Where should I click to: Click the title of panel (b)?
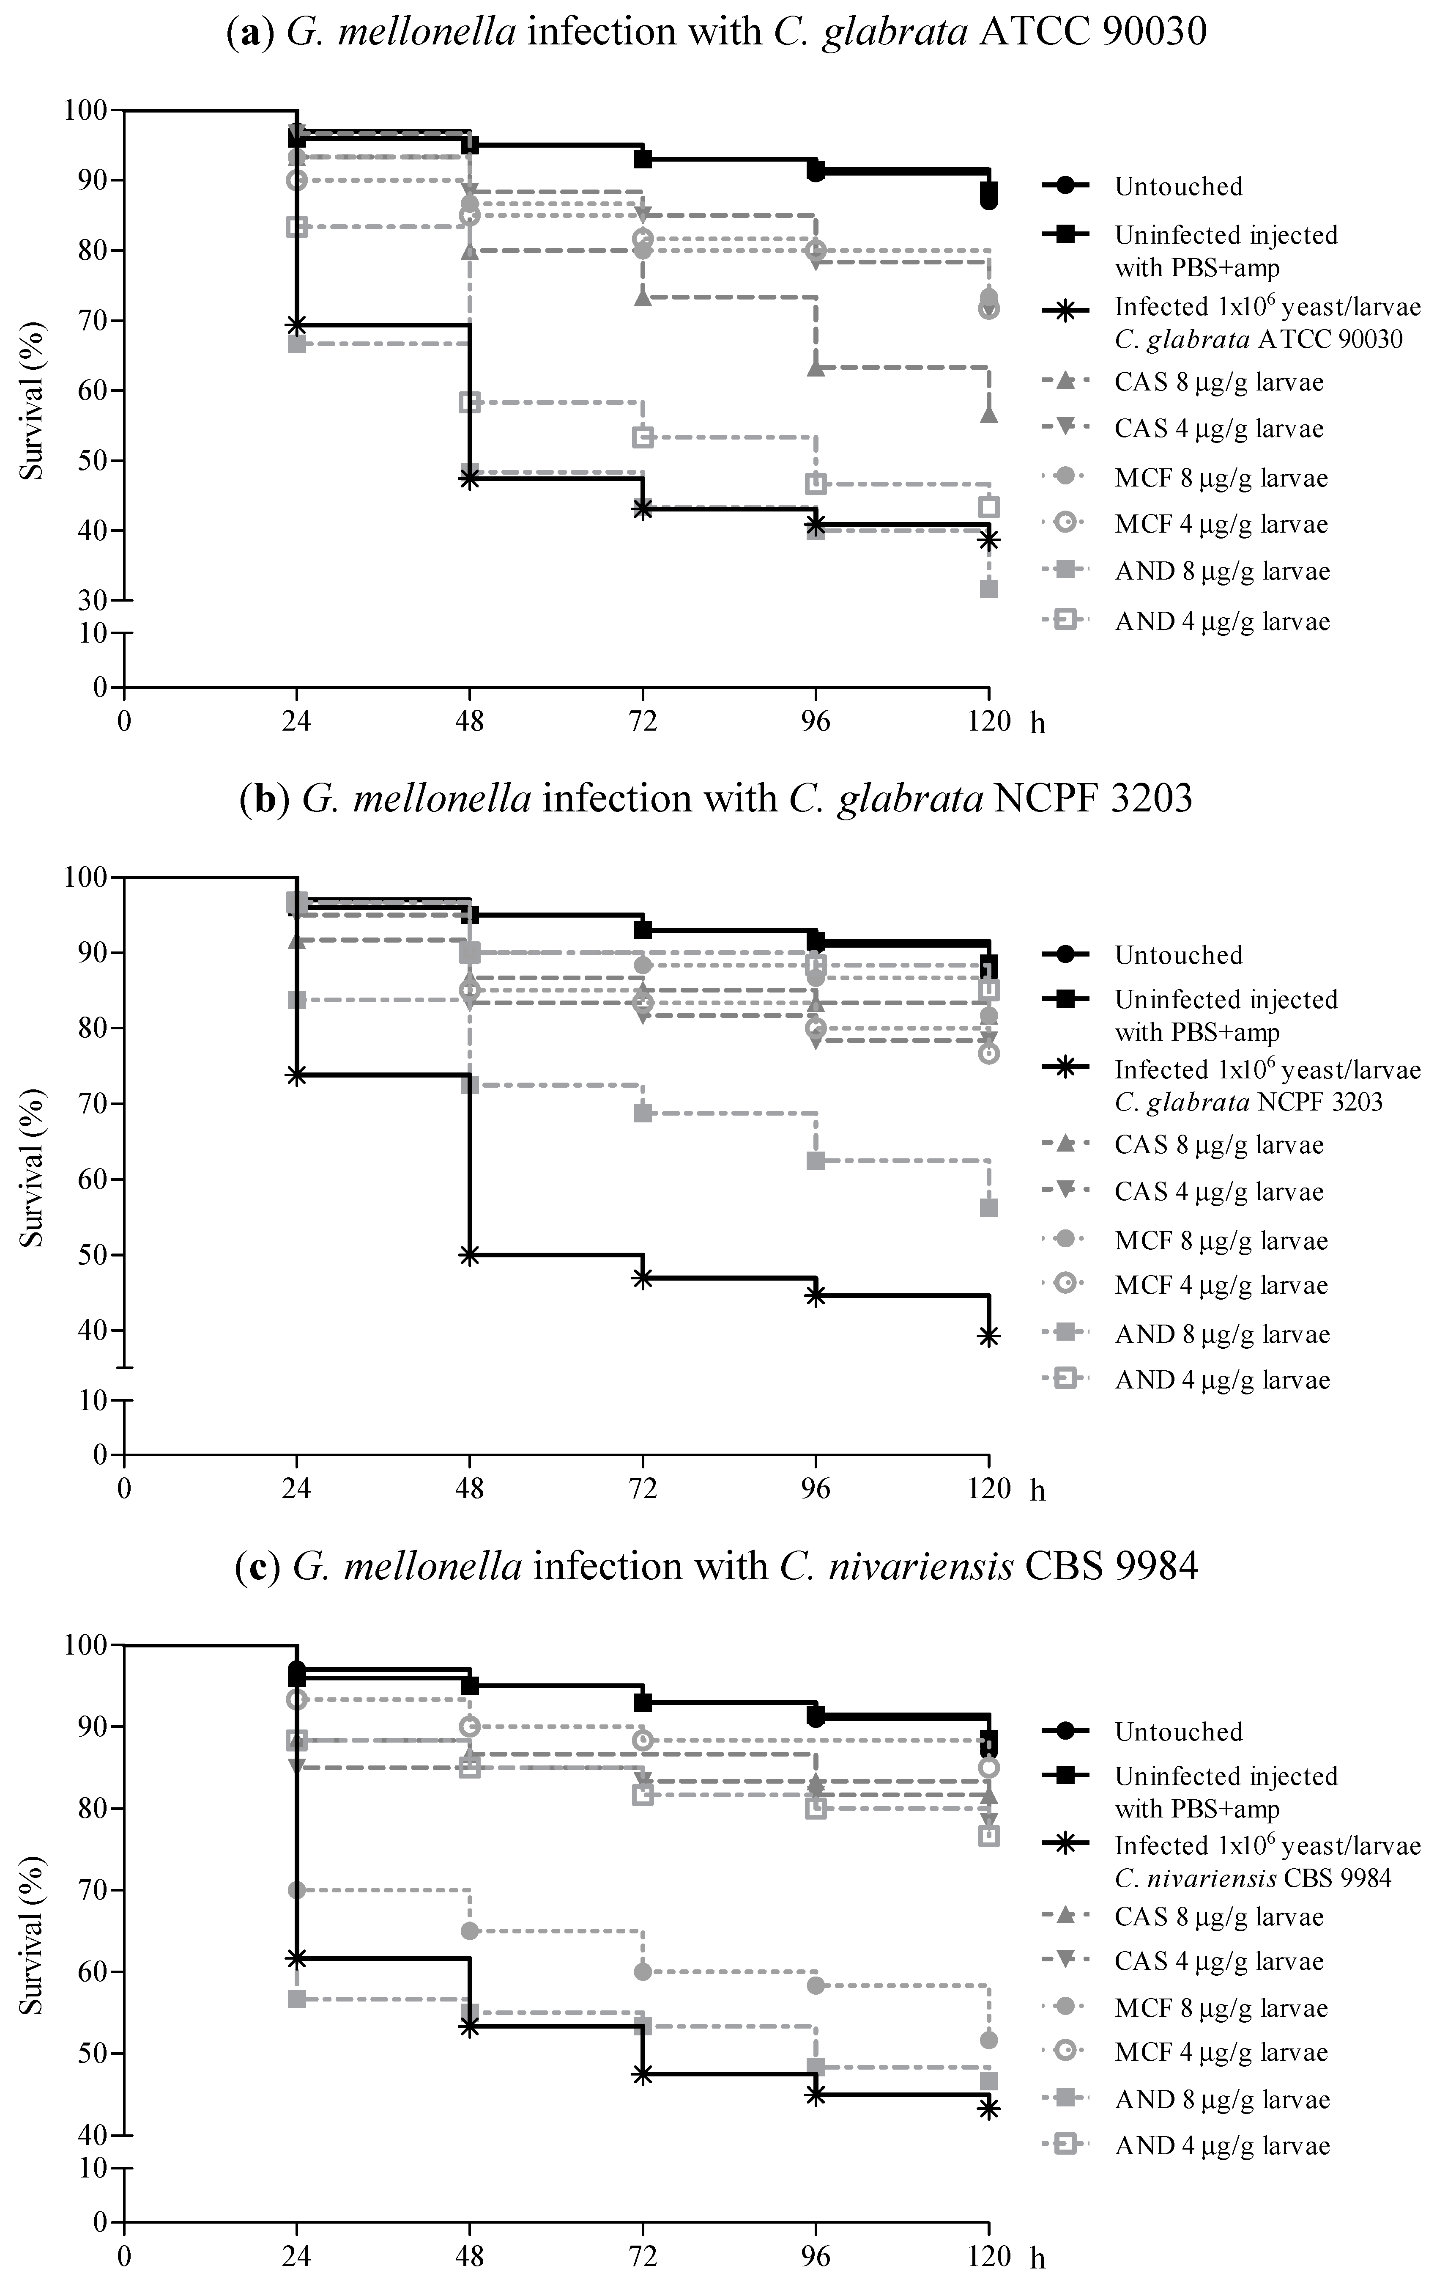717,798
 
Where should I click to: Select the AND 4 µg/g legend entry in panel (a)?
1222,621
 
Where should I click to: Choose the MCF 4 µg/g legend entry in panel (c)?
1221,2053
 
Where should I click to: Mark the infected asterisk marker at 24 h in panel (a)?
296,325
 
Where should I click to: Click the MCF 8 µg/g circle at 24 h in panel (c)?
296,1890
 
